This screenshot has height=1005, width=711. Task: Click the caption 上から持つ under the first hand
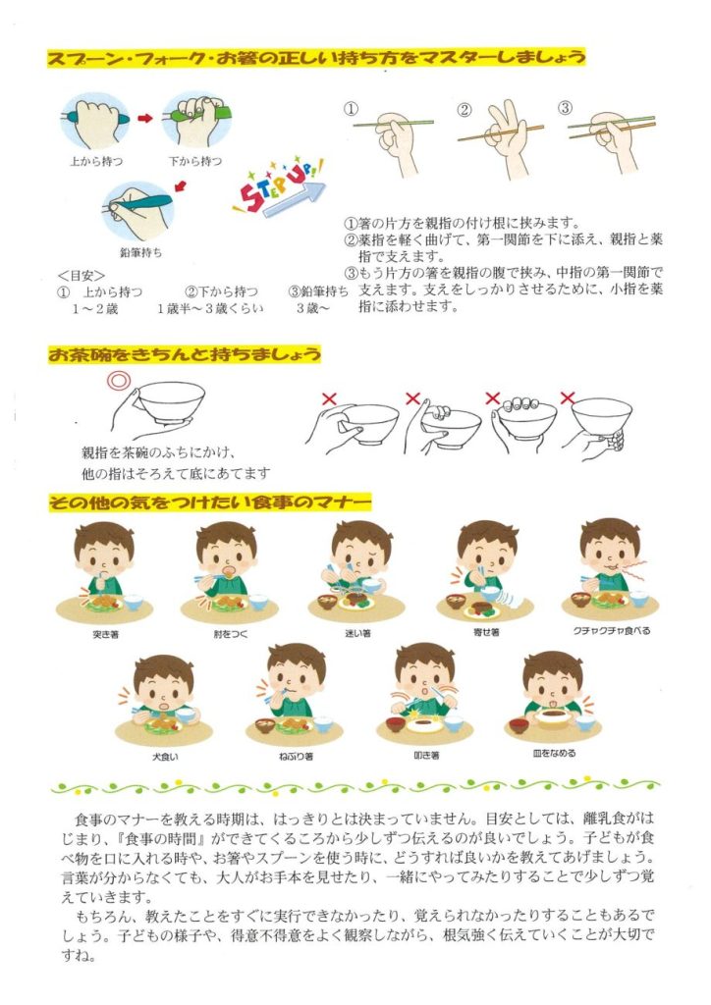coord(96,162)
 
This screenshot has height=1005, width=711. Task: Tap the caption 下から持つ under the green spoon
coord(195,162)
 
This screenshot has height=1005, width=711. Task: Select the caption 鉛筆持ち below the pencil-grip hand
coord(141,252)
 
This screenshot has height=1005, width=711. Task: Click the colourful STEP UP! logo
coord(279,185)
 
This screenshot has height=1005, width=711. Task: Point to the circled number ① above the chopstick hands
coord(351,109)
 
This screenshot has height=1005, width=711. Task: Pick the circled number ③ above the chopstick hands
coord(565,108)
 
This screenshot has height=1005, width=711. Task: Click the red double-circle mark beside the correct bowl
coord(119,380)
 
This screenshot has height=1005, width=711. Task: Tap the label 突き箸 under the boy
coord(105,635)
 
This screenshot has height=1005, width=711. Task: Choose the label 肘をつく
coord(230,634)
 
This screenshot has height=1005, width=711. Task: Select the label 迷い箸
coord(357,633)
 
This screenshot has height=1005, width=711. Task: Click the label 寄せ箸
coord(486,632)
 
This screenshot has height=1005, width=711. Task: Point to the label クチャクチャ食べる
coord(612,631)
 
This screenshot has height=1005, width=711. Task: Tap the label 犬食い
coord(165,757)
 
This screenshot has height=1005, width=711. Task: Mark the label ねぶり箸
coord(296,757)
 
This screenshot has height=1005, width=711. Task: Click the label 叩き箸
coord(426,756)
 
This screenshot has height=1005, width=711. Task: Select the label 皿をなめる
coord(554,753)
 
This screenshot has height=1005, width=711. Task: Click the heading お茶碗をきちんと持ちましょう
coord(185,353)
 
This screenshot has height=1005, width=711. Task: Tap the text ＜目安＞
coord(81,276)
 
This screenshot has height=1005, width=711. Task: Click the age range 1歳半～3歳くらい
coord(210,308)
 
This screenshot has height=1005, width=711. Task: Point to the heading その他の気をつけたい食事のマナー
coord(210,502)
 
